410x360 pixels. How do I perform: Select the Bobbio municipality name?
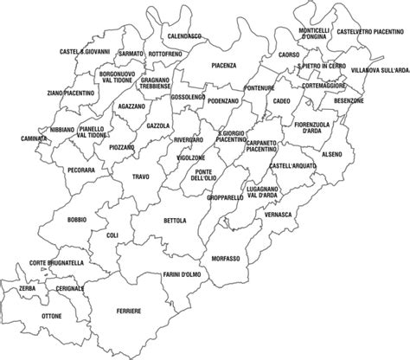click(x=77, y=220)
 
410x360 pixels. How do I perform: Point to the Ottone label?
click(x=51, y=317)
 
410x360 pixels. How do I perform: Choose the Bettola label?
click(x=174, y=221)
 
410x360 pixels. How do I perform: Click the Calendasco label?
click(x=184, y=36)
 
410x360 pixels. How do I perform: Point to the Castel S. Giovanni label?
click(x=86, y=51)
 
